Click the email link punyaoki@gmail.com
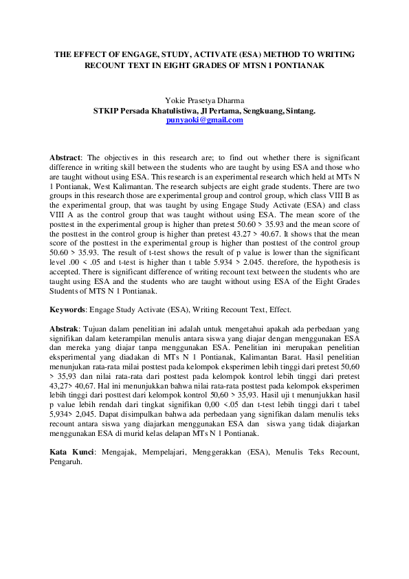pyautogui.click(x=205, y=120)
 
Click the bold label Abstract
pyautogui.click(x=65, y=157)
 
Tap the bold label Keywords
pyautogui.click(x=69, y=309)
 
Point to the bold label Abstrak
pyautogui.click(x=65, y=330)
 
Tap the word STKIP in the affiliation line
pyautogui.click(x=105, y=111)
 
